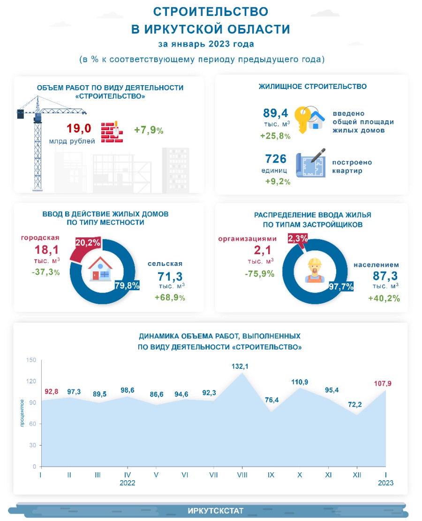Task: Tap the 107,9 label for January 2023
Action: coord(383,383)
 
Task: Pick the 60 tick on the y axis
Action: coord(32,424)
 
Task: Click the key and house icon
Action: coord(309,118)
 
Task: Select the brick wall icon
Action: coord(112,132)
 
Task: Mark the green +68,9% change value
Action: coord(170,298)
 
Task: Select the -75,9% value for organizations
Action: coord(259,274)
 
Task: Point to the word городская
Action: coord(38,239)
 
